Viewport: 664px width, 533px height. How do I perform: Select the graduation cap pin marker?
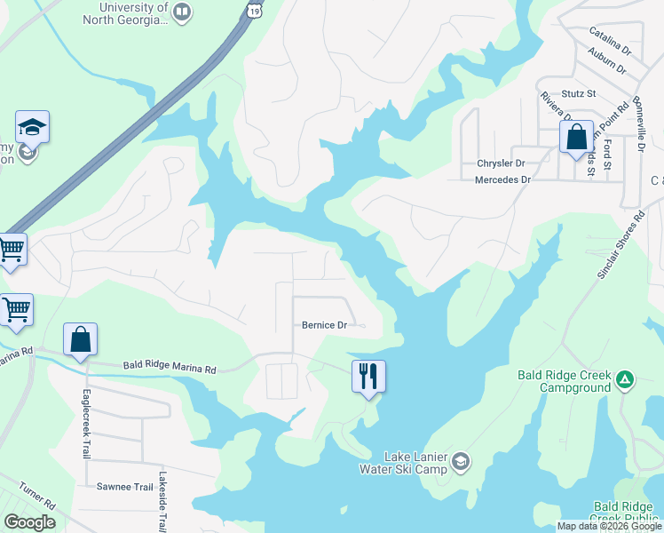point(32,128)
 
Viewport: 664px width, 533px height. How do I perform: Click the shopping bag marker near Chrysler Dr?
point(576,139)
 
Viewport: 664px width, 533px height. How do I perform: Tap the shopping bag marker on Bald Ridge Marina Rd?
point(80,340)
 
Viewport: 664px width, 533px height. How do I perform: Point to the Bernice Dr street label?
point(324,326)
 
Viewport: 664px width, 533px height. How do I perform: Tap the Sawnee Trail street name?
point(125,487)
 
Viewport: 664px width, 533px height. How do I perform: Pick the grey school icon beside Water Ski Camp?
point(461,461)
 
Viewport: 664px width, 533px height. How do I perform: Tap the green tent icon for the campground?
point(626,380)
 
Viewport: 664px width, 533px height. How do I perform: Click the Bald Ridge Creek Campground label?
point(565,381)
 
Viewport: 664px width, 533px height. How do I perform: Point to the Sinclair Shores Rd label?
point(620,246)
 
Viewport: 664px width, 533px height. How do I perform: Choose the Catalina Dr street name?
point(609,42)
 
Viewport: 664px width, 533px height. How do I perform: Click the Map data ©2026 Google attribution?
point(609,526)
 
